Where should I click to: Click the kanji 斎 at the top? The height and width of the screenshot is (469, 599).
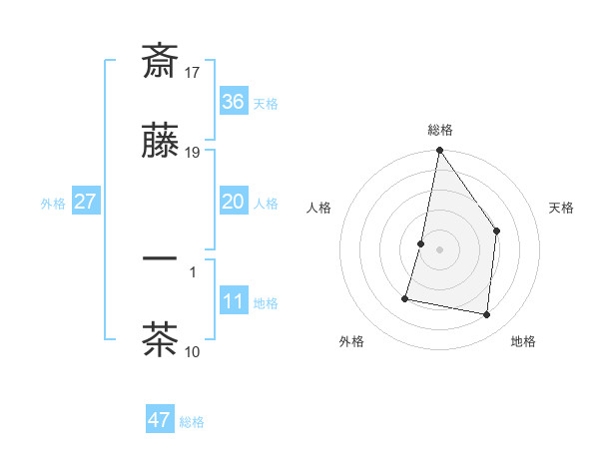pos(161,61)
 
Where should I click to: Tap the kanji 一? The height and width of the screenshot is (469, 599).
pos(161,258)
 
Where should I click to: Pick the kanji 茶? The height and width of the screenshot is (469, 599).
pos(161,338)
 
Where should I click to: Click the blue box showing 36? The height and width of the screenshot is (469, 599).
pos(233,102)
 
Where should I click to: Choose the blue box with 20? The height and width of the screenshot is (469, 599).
pos(233,202)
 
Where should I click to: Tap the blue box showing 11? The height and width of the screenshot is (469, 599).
pos(233,301)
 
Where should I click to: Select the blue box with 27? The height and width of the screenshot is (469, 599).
pos(85,202)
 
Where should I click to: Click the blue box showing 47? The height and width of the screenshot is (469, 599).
pos(159,420)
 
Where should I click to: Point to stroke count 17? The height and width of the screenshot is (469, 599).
pos(193,73)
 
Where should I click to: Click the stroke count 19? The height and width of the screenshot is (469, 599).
pos(193,153)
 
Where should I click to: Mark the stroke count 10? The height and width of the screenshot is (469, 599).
pos(193,351)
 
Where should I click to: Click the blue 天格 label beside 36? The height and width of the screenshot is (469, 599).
pos(266,104)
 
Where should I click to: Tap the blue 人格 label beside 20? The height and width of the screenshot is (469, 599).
pos(266,204)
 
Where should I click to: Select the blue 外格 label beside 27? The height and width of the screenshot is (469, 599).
pos(53,204)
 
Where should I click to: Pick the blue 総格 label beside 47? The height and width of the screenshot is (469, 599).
pos(192,422)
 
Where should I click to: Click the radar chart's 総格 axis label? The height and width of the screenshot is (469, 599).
pos(440,130)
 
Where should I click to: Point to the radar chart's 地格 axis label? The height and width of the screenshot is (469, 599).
pos(523,341)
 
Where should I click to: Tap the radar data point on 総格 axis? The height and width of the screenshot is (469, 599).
pos(439,152)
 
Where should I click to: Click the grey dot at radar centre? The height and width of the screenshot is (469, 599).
pos(439,249)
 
